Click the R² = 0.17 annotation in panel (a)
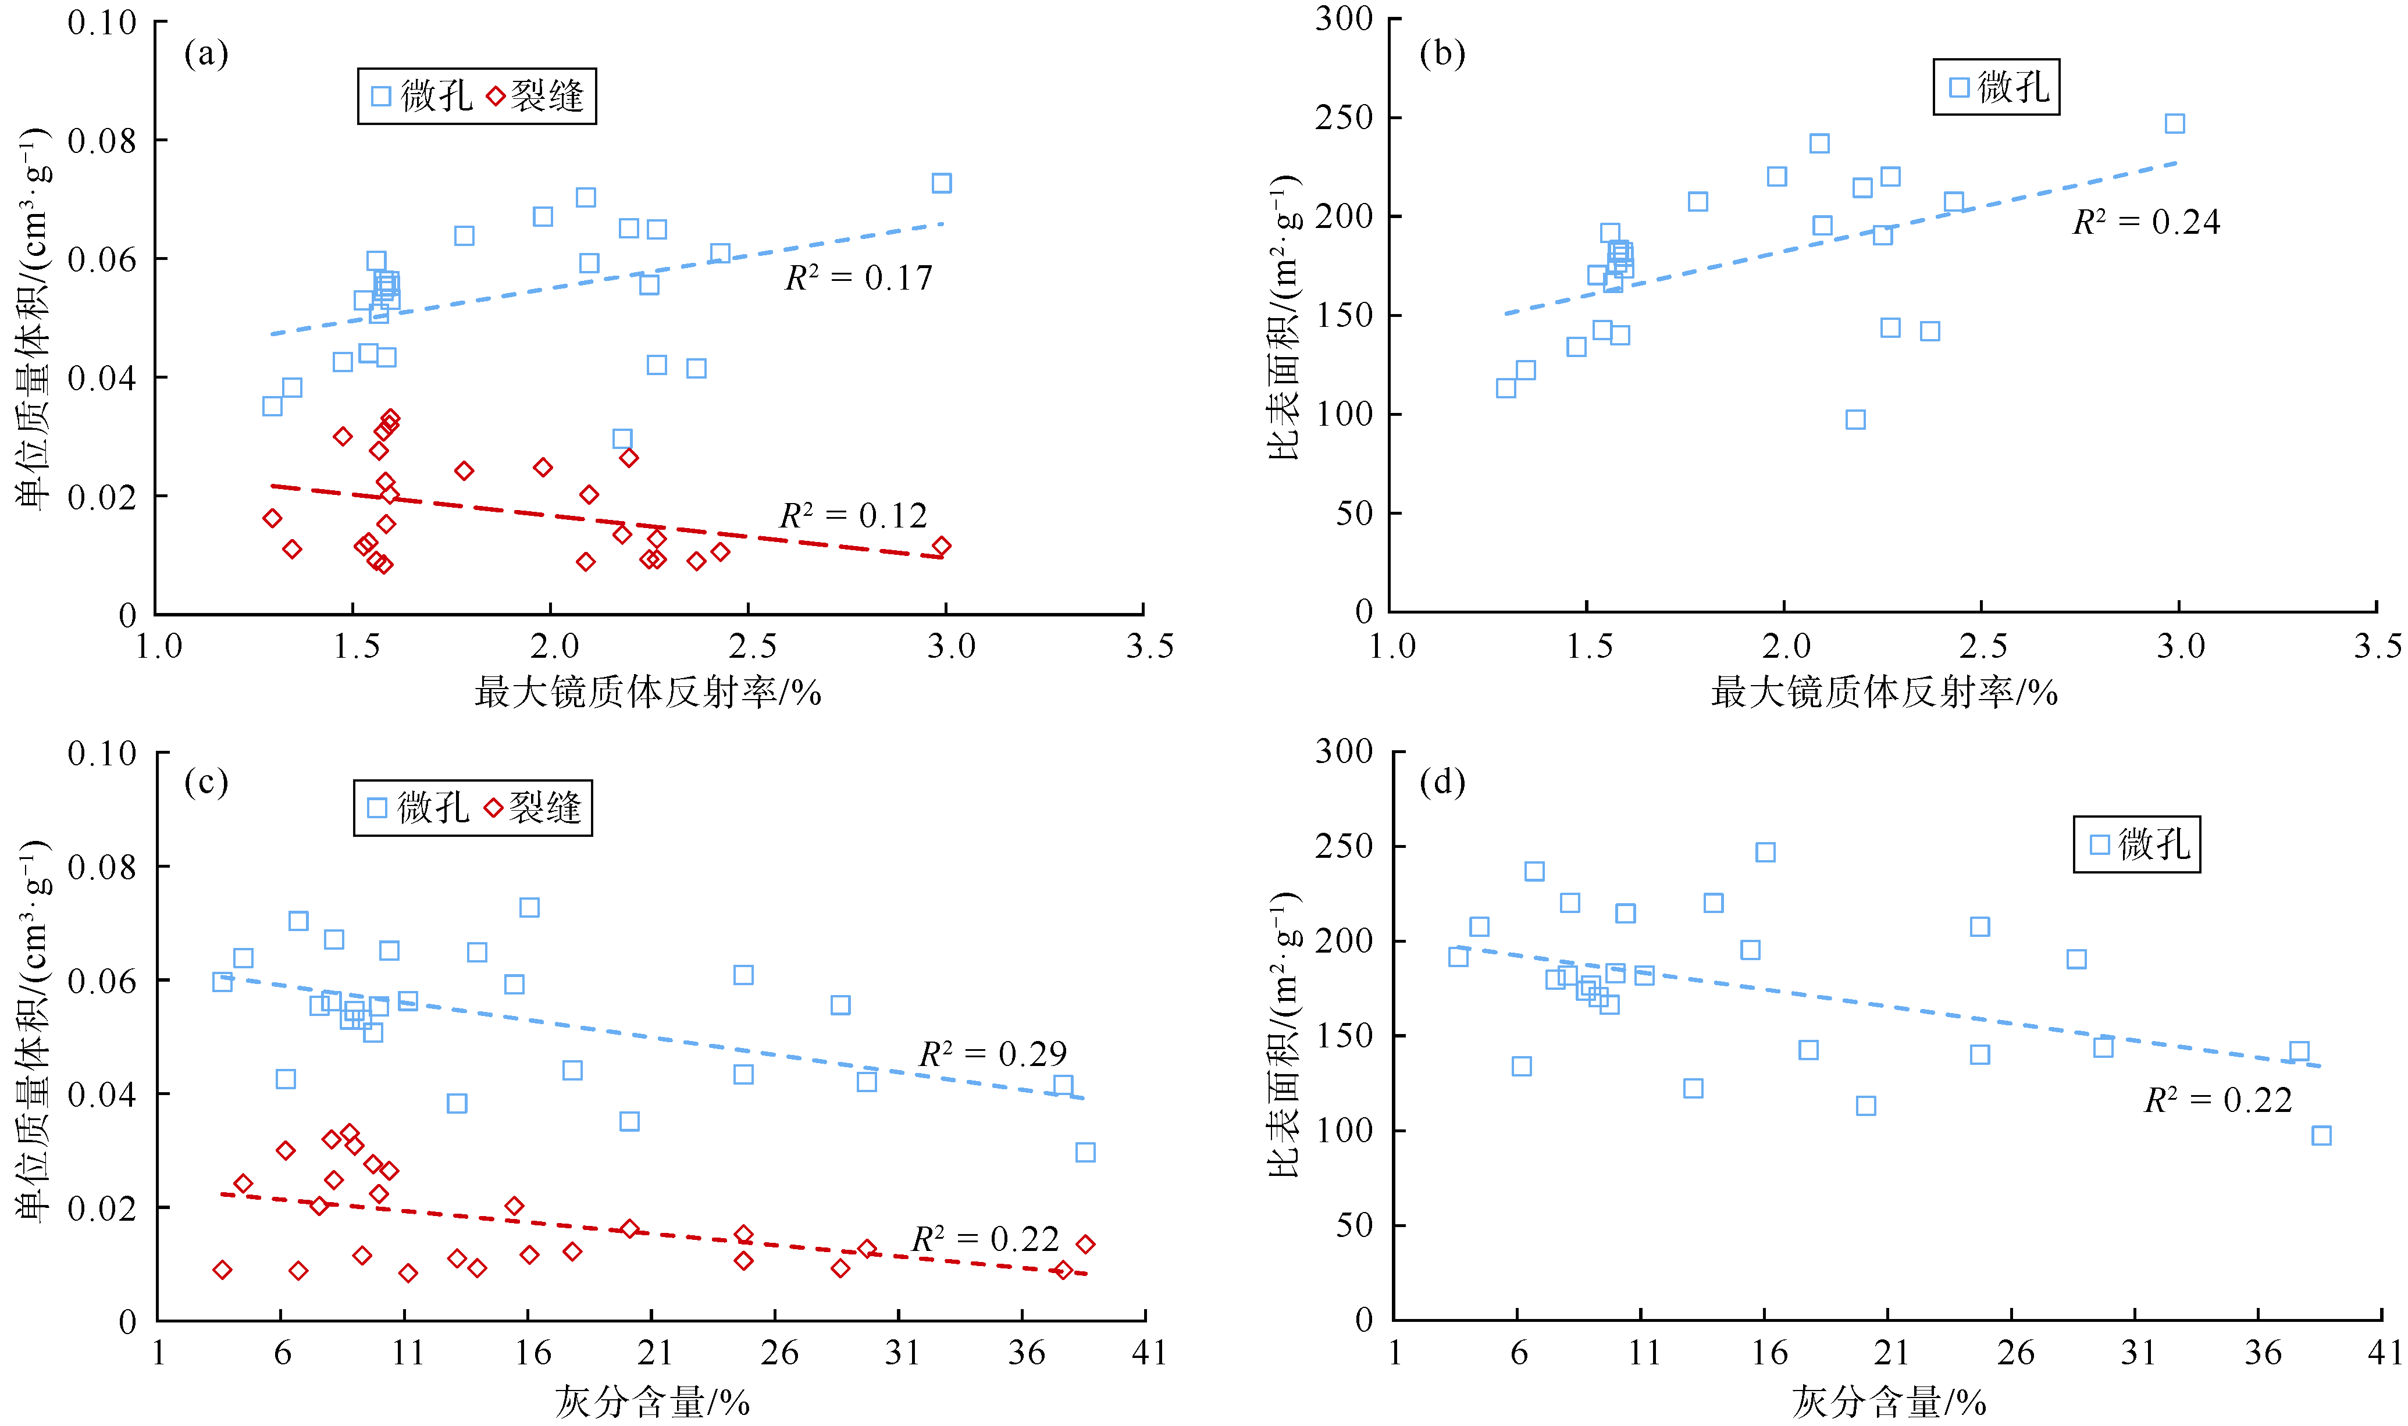[x=858, y=278]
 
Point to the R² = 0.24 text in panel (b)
[x=2146, y=222]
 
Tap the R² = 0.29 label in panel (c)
[x=993, y=1054]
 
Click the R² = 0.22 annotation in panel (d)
[x=2218, y=1100]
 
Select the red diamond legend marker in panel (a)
[x=496, y=96]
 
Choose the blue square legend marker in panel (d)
[x=2100, y=844]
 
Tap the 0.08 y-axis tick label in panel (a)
[x=102, y=141]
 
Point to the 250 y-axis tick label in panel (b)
[x=1344, y=117]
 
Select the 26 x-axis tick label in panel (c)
[x=778, y=1353]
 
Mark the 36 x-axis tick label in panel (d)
[x=2262, y=1353]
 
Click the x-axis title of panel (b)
[x=1883, y=692]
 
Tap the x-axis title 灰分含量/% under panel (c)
[x=651, y=1402]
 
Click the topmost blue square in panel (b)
[x=2175, y=123]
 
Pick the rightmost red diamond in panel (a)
[x=942, y=546]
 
